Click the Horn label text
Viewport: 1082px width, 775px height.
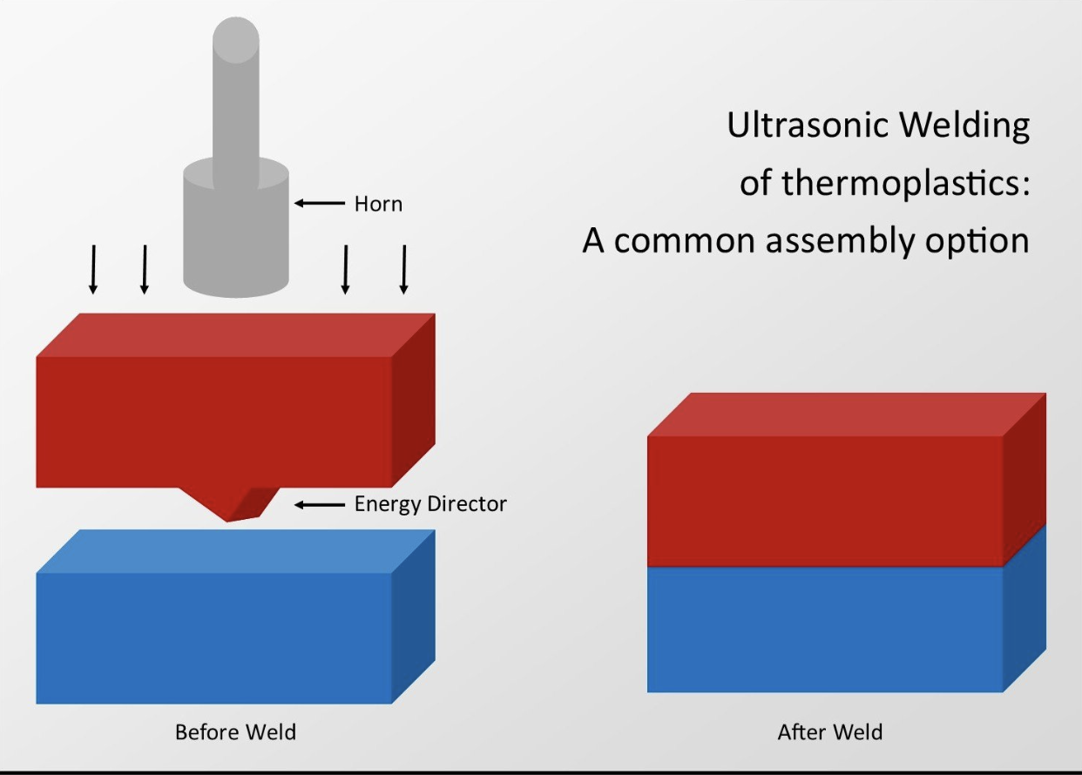[x=378, y=204]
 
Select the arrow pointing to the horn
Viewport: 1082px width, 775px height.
[x=320, y=203]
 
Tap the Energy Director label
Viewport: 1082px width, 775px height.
[x=430, y=504]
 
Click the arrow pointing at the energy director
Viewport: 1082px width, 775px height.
[x=320, y=505]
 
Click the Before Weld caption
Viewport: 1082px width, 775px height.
[x=235, y=732]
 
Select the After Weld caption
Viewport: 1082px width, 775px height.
[x=830, y=732]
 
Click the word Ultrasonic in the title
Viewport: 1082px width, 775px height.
[x=808, y=125]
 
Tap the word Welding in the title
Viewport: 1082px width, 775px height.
[x=964, y=126]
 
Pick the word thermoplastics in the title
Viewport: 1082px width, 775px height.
[x=905, y=184]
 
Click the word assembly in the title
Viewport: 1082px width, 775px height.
[x=840, y=241]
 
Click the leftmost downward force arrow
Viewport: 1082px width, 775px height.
[x=93, y=269]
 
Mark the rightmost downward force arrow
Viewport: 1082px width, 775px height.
[x=404, y=269]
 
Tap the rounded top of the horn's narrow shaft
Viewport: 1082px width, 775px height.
[x=236, y=38]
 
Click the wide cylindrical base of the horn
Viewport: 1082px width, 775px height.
[x=236, y=227]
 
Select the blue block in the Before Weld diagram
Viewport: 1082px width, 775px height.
[x=236, y=617]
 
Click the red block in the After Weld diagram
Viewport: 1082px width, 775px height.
[x=847, y=480]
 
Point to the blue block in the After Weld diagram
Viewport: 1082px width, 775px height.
[x=847, y=623]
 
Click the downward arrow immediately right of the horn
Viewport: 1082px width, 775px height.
[x=345, y=269]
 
